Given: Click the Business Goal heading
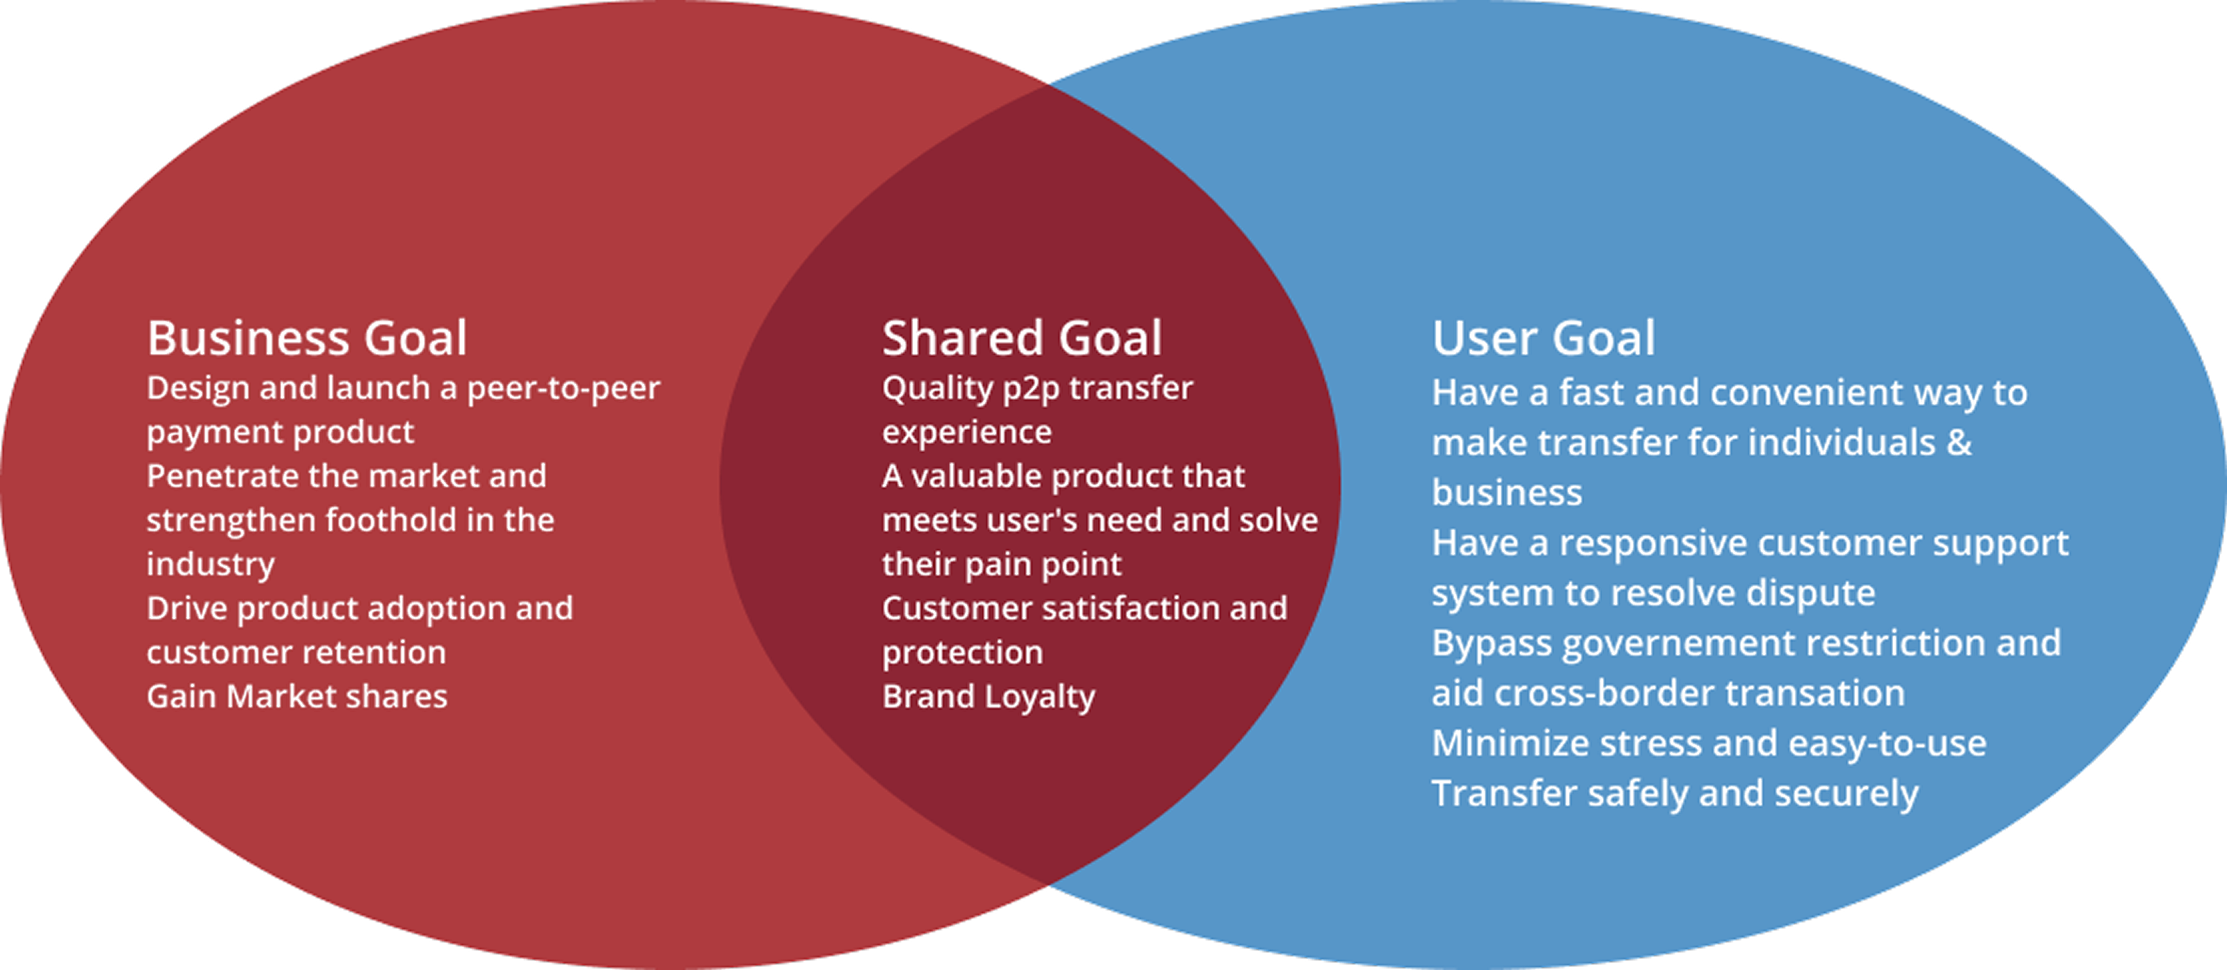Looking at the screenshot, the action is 307,338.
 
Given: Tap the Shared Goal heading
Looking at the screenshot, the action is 1022,338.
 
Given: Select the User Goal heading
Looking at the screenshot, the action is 1543,338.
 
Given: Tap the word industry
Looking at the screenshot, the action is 210,565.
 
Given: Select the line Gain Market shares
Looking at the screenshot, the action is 297,697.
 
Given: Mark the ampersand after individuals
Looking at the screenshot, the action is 1959,442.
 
